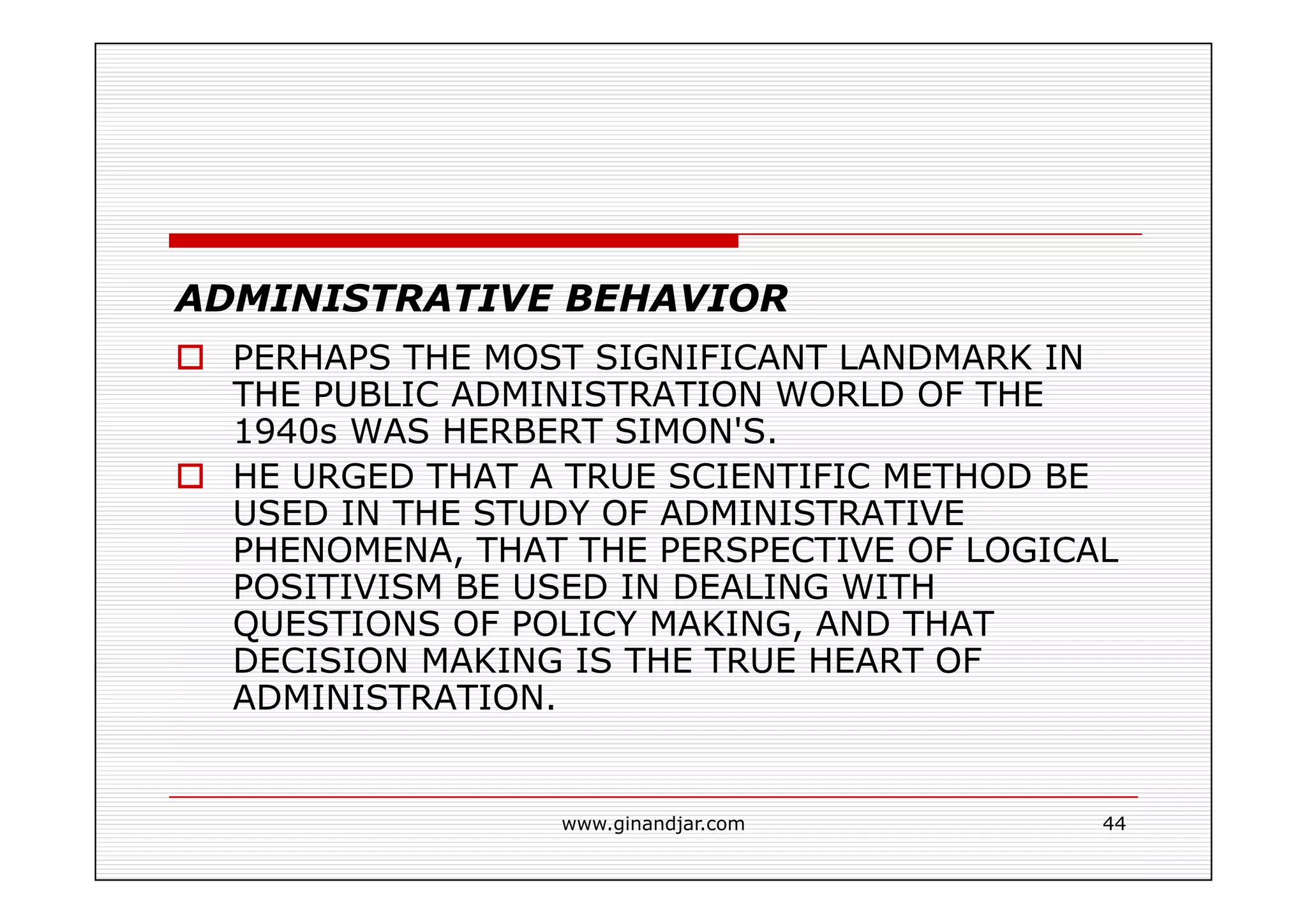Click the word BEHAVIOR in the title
(676, 299)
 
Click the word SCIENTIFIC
(769, 477)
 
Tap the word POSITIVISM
(338, 587)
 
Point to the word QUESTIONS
(336, 624)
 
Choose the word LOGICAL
(1042, 550)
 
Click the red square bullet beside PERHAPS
(190, 357)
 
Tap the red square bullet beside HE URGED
(190, 476)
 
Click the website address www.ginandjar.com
(653, 824)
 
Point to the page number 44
(1114, 824)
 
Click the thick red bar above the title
(453, 241)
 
